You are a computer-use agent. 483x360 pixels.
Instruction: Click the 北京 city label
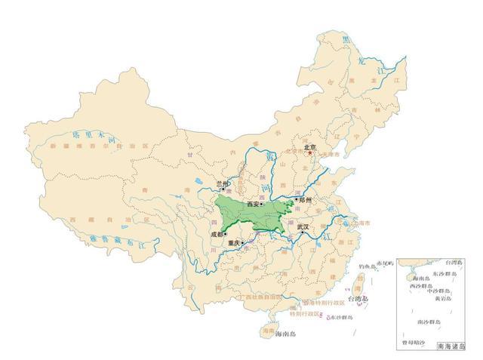click(x=309, y=148)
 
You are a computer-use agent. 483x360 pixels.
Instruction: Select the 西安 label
click(x=251, y=204)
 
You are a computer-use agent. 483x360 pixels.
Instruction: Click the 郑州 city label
click(x=303, y=200)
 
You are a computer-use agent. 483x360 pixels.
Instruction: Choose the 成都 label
click(x=217, y=235)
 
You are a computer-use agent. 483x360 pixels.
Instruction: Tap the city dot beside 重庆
click(x=242, y=243)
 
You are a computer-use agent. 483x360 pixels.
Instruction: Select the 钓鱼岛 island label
click(x=366, y=266)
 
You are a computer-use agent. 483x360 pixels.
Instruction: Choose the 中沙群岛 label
click(x=439, y=291)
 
